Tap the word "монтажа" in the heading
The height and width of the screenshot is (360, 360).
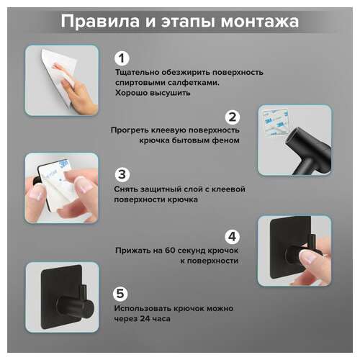pos(256,21)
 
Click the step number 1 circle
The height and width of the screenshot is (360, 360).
pos(122,58)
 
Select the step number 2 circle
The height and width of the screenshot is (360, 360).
pos(232,117)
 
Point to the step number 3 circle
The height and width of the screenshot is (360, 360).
pos(122,175)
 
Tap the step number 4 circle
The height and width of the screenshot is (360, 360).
pos(232,236)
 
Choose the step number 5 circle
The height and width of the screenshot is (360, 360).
pos(122,294)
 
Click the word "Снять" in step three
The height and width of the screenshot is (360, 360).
pos(127,189)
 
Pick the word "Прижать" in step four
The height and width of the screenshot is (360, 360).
pos(133,250)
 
